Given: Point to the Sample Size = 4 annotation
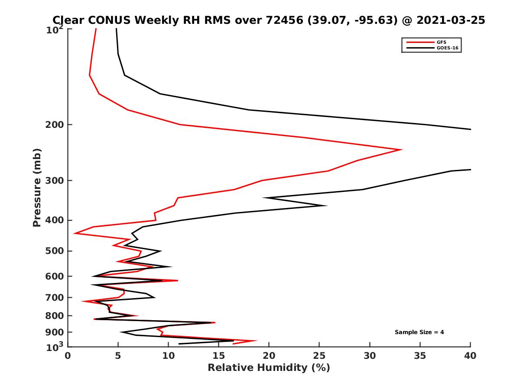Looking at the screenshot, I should click(x=419, y=332).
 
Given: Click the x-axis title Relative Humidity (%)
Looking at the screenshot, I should click(x=269, y=368).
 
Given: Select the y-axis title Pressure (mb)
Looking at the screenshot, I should click(x=37, y=188).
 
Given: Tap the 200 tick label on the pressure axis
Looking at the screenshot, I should click(x=55, y=125).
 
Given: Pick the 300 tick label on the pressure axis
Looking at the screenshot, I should click(x=55, y=181).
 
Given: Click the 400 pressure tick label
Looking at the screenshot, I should click(x=55, y=220).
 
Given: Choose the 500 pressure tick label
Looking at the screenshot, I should click(x=55, y=251).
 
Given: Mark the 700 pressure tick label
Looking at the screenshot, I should click(x=55, y=297).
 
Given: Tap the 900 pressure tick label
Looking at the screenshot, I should click(x=55, y=332).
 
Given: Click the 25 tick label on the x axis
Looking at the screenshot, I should click(x=319, y=356).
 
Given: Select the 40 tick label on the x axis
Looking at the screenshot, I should click(x=470, y=356).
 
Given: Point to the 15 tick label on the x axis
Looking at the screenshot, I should click(x=219, y=356).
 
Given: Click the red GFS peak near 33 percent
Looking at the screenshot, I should click(x=401, y=149).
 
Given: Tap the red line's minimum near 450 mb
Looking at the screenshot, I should click(x=75, y=233).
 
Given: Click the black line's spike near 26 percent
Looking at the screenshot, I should click(x=326, y=205).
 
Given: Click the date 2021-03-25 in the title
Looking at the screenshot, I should click(x=450, y=20).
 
